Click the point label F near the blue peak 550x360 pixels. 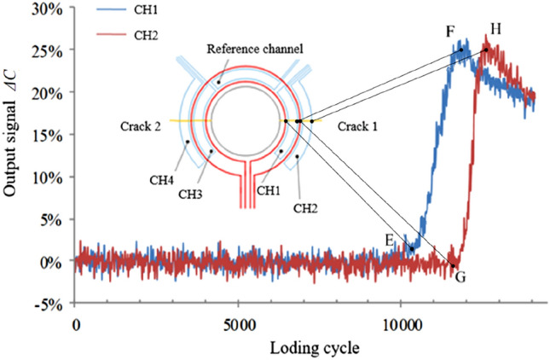click(449, 32)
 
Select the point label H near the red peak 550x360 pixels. click(495, 29)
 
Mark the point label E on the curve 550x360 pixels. click(390, 240)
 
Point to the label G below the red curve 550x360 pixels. click(460, 277)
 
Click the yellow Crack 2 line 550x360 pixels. click(183, 120)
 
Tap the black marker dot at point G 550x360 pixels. click(453, 266)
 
